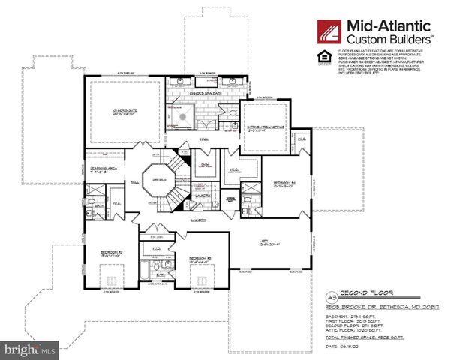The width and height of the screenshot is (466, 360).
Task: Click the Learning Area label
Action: click(102, 169)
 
